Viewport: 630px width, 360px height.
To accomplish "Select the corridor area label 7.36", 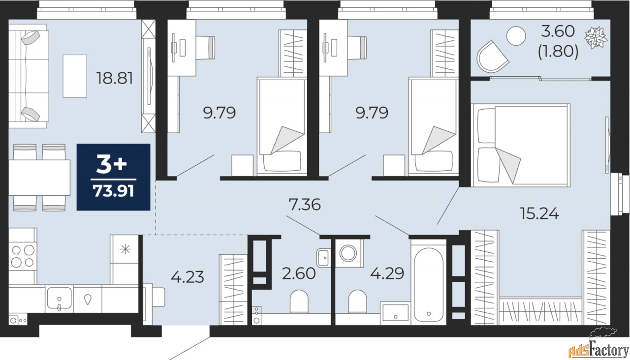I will (x=304, y=204).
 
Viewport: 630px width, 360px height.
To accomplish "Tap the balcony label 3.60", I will (x=558, y=32).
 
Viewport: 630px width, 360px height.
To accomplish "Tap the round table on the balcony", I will (x=516, y=36).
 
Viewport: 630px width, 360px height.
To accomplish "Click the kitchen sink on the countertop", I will (x=59, y=299).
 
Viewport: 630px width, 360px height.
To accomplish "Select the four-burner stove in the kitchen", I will (x=23, y=255).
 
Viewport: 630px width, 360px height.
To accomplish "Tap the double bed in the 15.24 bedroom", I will (x=520, y=145).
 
